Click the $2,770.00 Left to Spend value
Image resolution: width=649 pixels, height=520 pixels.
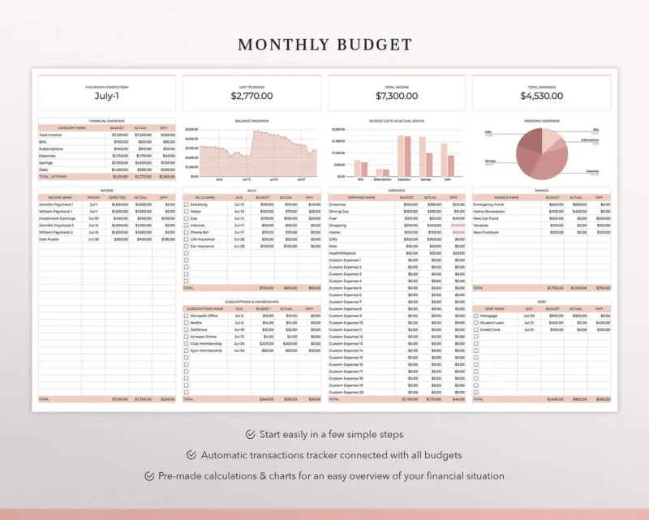tap(251, 96)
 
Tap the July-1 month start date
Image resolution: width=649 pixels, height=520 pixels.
tap(107, 96)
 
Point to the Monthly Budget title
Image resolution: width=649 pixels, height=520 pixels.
tap(324, 45)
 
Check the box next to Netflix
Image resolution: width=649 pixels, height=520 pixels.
tap(187, 323)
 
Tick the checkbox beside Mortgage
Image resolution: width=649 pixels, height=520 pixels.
tap(476, 316)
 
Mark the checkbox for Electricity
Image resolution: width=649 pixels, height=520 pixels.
tap(187, 204)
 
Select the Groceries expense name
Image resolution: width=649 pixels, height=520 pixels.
tap(340, 204)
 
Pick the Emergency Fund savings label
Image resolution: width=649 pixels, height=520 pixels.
tap(488, 204)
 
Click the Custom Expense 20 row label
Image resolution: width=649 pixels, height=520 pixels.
tap(346, 392)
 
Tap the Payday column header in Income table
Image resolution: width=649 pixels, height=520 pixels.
tap(94, 197)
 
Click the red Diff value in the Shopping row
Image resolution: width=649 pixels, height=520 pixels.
tap(458, 226)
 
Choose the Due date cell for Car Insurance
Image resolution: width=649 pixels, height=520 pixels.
tap(239, 246)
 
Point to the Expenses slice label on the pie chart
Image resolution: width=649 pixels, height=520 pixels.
tap(592, 171)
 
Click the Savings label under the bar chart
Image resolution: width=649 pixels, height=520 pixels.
tap(427, 179)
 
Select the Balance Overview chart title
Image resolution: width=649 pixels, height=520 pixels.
tap(251, 121)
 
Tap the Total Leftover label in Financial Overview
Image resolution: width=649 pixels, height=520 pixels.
tap(54, 176)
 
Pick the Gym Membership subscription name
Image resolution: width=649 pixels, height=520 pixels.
tap(206, 350)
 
